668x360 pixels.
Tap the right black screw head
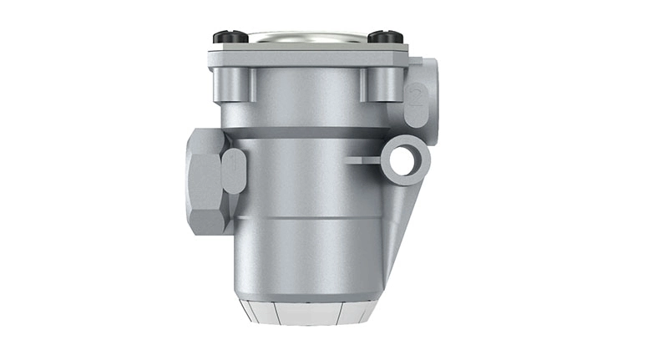click(386, 37)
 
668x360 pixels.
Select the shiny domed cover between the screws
click(306, 37)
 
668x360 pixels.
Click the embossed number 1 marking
click(233, 170)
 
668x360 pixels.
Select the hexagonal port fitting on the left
click(204, 181)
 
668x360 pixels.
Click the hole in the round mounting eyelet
click(403, 159)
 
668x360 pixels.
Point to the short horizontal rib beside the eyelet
click(361, 157)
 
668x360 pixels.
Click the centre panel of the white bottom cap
click(308, 313)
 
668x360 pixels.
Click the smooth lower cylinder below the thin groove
click(309, 255)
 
